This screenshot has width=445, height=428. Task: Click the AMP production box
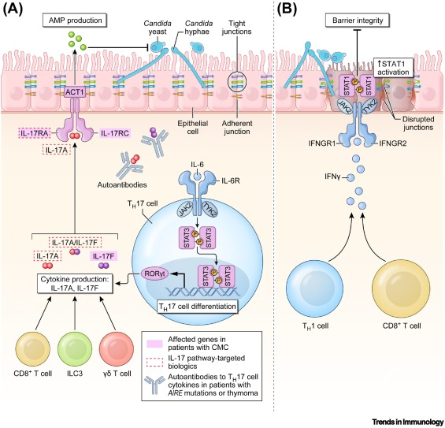click(x=75, y=20)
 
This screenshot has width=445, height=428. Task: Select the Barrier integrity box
click(x=358, y=20)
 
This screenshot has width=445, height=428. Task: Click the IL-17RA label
click(x=34, y=132)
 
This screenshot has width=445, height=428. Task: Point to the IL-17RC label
click(x=115, y=132)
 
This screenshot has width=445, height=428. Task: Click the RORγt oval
click(x=154, y=274)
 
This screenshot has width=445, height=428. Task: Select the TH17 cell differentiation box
click(x=197, y=307)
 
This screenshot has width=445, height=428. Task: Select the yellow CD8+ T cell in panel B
click(x=402, y=288)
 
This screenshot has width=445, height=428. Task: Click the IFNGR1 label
click(x=322, y=143)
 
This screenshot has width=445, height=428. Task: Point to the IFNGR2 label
click(x=393, y=143)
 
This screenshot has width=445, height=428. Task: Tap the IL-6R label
click(x=230, y=180)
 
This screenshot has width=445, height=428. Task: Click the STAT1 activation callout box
click(x=393, y=67)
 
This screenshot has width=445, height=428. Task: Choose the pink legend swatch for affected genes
click(x=154, y=344)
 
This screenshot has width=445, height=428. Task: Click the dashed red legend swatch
click(x=154, y=362)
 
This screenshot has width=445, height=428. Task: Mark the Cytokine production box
click(x=75, y=284)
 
